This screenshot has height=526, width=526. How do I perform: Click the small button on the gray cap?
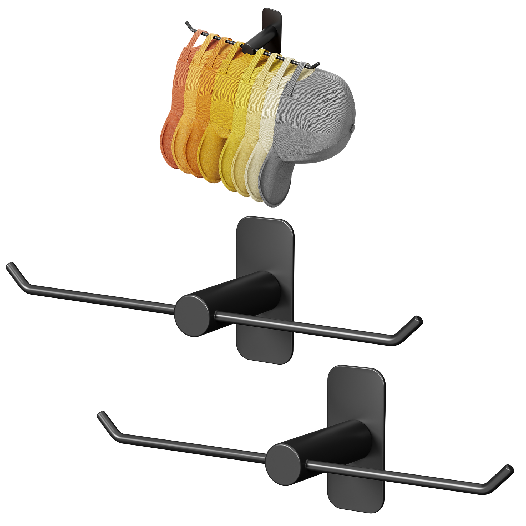pyautogui.click(x=353, y=127)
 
